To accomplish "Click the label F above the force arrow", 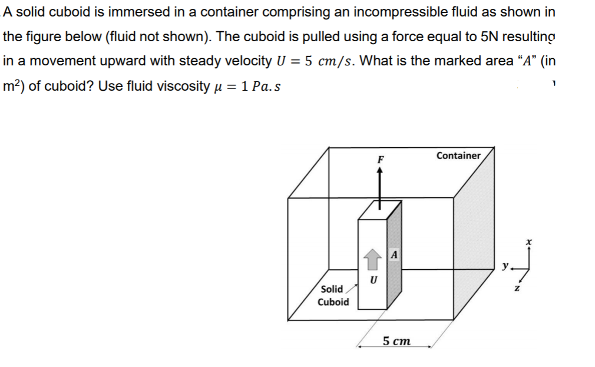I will coord(381,160).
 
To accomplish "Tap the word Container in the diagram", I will coord(458,156).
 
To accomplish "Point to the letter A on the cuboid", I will coord(394,254).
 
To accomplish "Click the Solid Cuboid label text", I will coord(333,295).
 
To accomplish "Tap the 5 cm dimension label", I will coord(396,341).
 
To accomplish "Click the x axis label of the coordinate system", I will coord(528,242).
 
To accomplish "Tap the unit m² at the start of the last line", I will coord(13,85).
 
